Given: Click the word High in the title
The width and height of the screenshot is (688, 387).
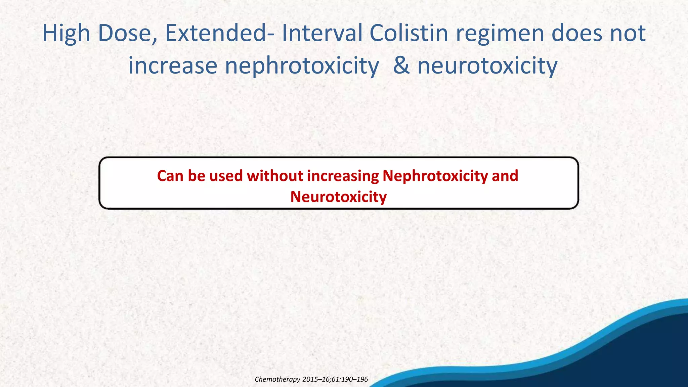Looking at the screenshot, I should coord(66,34).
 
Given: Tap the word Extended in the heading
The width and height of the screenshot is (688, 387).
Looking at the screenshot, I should coord(216,34).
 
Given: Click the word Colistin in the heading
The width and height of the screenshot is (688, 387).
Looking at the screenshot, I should coord(409,34).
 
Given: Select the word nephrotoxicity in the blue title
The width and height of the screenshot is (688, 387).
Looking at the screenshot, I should coord(302,66).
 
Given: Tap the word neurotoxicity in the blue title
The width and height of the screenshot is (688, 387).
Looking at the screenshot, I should coord(487,66).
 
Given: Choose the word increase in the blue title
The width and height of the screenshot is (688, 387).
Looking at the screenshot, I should coord(173,66).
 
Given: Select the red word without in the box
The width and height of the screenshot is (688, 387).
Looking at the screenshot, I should coord(275,176).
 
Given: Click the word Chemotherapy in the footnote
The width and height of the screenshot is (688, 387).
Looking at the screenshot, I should coord(277,380).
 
